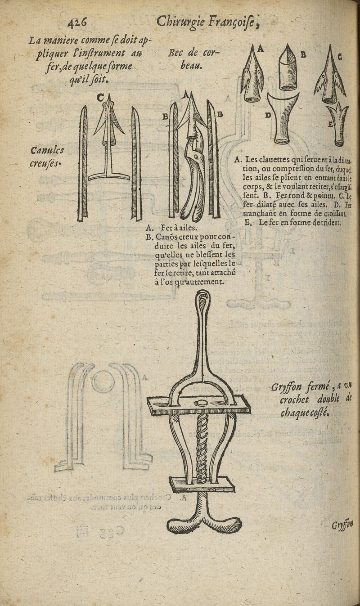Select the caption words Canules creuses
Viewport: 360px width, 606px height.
tap(47, 156)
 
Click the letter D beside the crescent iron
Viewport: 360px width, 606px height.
tap(268, 115)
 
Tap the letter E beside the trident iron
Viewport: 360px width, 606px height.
tap(331, 125)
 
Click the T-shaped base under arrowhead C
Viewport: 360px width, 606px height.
tap(109, 176)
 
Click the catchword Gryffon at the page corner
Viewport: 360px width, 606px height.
tap(342, 525)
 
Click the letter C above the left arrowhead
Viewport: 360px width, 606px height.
tap(100, 97)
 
